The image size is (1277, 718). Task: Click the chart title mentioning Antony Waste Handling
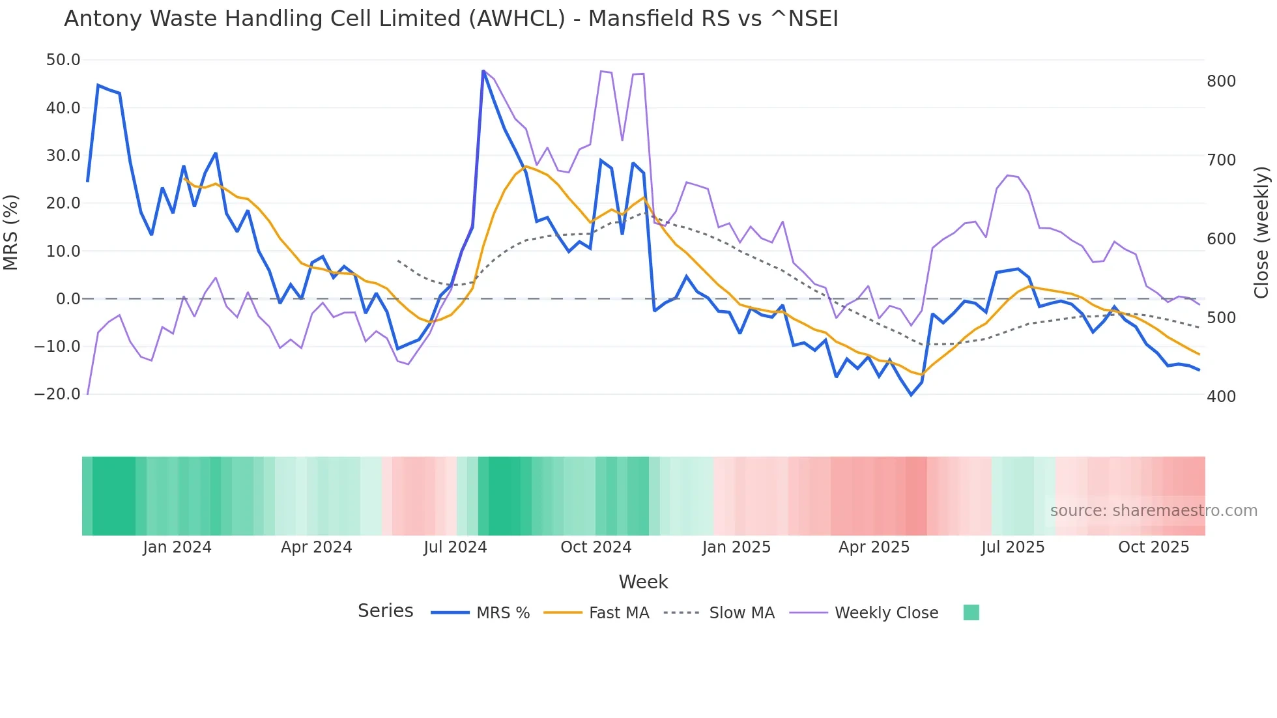(451, 19)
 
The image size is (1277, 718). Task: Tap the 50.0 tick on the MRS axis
(63, 60)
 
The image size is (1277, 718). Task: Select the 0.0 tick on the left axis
(68, 299)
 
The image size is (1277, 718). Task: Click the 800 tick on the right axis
(1221, 81)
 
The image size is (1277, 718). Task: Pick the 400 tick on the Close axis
(1221, 396)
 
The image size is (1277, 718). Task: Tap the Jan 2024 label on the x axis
(177, 547)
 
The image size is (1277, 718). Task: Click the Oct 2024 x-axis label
(596, 547)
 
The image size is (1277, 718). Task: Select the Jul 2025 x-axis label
(1013, 547)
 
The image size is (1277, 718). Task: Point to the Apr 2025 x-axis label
(874, 547)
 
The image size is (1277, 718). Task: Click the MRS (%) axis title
(11, 232)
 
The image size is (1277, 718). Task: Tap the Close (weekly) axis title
(1261, 233)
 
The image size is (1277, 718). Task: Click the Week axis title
(643, 582)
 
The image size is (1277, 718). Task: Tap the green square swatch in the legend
(971, 612)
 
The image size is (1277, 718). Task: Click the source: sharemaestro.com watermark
(1153, 511)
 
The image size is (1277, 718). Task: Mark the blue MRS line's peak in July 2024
(483, 71)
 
